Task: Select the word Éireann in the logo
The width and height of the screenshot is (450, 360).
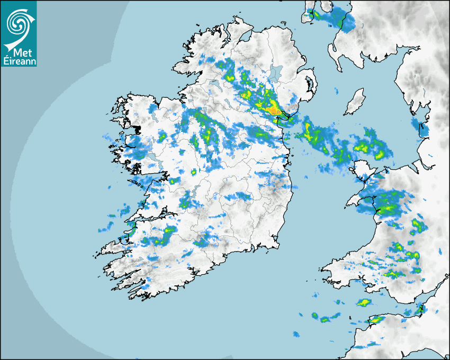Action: click(19, 60)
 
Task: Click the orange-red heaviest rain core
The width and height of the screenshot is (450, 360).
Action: click(273, 110)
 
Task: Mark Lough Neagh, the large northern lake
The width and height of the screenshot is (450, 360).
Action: click(275, 73)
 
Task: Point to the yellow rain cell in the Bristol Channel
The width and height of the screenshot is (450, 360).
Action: click(363, 303)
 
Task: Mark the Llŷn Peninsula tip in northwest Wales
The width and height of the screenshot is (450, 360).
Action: click(348, 204)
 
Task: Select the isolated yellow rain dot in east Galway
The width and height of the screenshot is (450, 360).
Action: click(194, 172)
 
